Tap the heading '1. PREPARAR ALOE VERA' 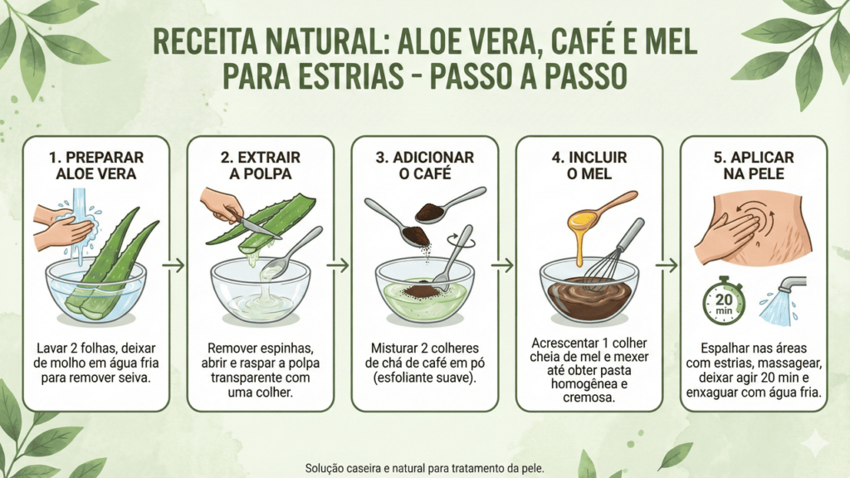pos(96,165)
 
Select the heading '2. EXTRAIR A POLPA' pos(261,165)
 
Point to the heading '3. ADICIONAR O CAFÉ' pos(425,165)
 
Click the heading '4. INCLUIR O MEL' pos(589,165)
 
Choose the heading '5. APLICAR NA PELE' pos(754,165)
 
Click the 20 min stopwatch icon pos(724,301)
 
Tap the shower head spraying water pos(783,300)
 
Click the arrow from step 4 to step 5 pos(667,265)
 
